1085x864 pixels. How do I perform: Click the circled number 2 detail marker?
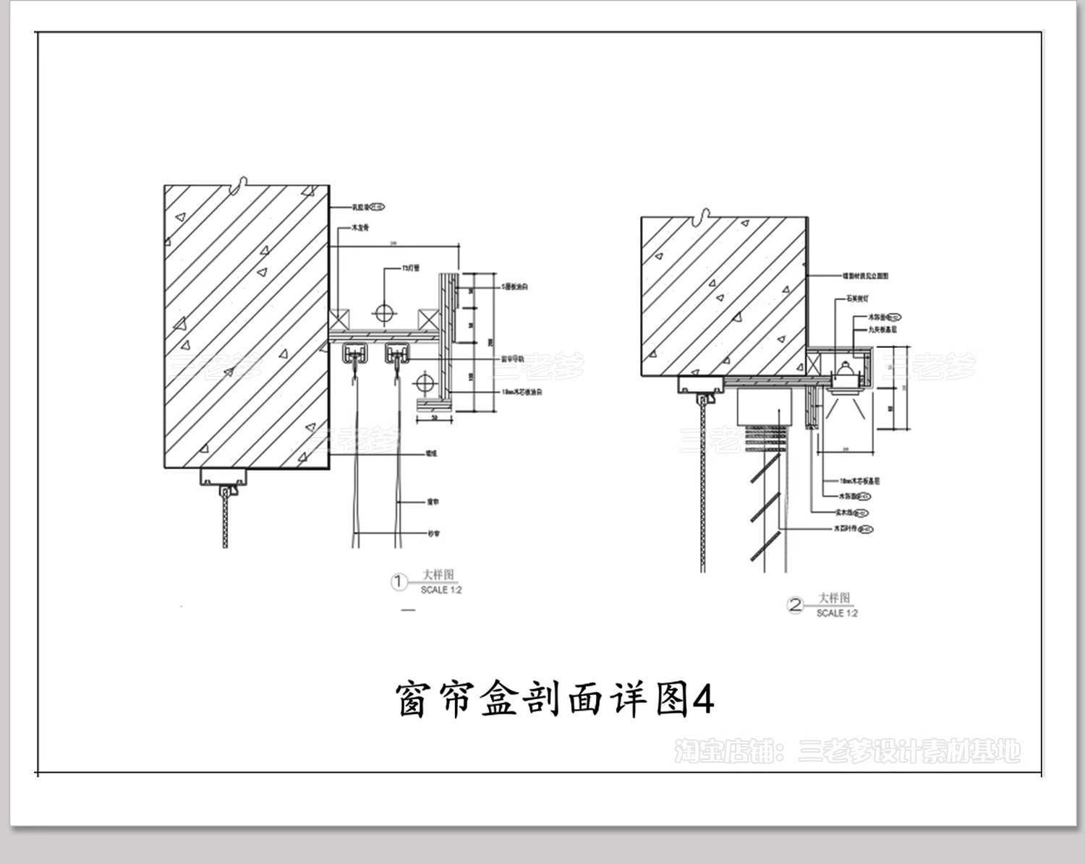[x=795, y=605]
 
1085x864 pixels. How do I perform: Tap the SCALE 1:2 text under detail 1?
[x=441, y=590]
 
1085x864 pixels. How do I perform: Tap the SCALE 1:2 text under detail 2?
[x=837, y=613]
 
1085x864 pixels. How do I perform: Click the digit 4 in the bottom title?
[x=703, y=699]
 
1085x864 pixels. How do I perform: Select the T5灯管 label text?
[x=411, y=268]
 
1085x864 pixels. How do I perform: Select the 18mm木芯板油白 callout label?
[x=522, y=392]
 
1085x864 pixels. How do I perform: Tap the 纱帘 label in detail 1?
[x=433, y=534]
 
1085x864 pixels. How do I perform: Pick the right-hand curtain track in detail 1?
[x=399, y=354]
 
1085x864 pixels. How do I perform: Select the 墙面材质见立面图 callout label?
[x=865, y=275]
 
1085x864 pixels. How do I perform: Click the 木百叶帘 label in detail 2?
[x=845, y=529]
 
